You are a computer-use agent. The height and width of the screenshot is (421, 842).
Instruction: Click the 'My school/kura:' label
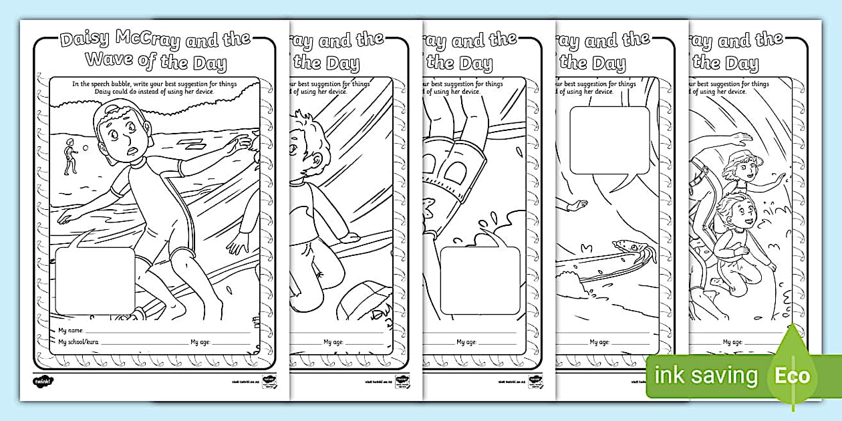[x=79, y=342]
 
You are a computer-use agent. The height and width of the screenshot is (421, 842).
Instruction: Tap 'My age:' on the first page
[x=200, y=342]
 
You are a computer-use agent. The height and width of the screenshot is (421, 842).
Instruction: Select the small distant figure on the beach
[x=69, y=158]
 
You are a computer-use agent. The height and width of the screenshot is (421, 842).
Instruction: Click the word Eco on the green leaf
[x=793, y=376]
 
